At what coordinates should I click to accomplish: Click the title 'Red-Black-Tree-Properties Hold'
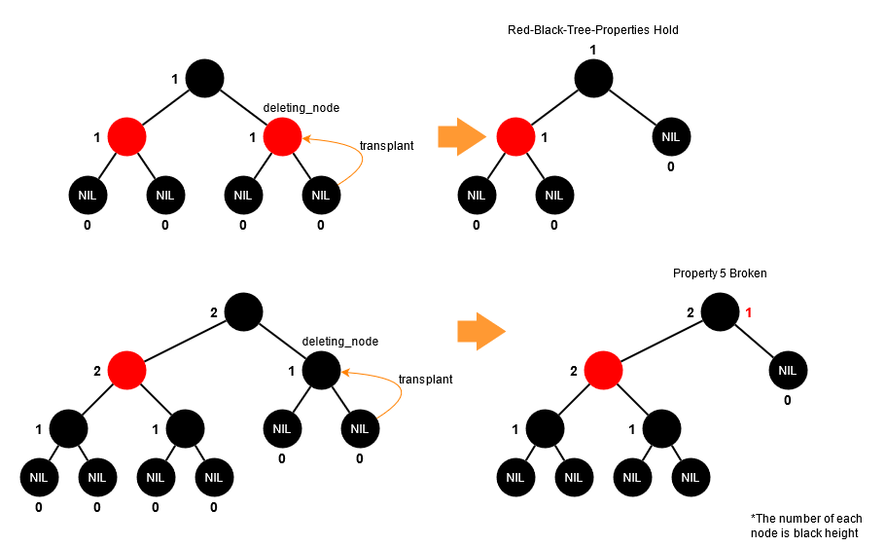pos(592,30)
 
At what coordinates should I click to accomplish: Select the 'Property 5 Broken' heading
pos(720,273)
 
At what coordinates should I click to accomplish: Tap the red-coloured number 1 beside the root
pos(750,312)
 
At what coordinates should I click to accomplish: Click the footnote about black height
pos(806,526)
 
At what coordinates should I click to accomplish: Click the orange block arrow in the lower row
pos(480,331)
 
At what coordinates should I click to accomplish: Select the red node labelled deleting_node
pos(282,136)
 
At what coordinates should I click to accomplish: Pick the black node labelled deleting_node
pos(321,370)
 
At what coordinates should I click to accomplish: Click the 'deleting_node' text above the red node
pos(301,107)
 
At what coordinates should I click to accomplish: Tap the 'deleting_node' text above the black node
pos(340,342)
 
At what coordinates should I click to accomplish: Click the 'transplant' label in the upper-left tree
pos(386,146)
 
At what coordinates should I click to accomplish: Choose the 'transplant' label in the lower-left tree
pos(425,380)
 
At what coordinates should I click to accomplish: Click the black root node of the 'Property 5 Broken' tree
pos(720,312)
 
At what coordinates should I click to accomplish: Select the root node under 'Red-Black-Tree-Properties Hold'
pos(593,78)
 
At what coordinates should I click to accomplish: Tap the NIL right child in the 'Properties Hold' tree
pos(671,136)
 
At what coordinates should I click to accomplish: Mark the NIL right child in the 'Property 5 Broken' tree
pos(788,370)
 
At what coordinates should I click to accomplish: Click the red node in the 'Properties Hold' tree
pos(515,136)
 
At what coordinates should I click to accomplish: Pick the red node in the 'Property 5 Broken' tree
pos(603,370)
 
